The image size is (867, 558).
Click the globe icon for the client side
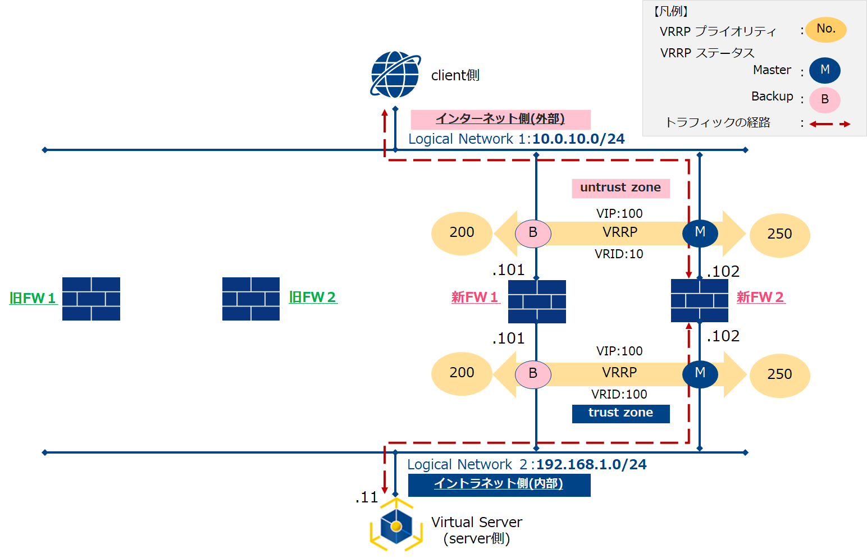395,75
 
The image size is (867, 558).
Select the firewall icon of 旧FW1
91,299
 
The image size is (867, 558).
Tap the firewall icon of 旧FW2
251,299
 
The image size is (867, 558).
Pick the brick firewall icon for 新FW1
537,301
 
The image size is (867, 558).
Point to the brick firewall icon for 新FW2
700,300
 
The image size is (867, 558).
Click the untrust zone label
620,188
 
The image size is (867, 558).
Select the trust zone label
620,413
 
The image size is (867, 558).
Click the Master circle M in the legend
824,70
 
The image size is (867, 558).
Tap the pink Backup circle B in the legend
824,100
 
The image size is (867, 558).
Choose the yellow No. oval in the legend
825,29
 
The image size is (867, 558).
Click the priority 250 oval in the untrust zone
779,234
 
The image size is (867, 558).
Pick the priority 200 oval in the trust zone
462,373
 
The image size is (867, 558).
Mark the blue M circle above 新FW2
700,232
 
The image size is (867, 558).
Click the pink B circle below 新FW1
533,373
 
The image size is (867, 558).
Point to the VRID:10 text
619,254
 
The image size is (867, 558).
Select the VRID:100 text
619,395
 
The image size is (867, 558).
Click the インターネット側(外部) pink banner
500,120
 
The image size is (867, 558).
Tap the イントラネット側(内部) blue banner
499,484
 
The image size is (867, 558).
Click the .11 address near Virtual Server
367,497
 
